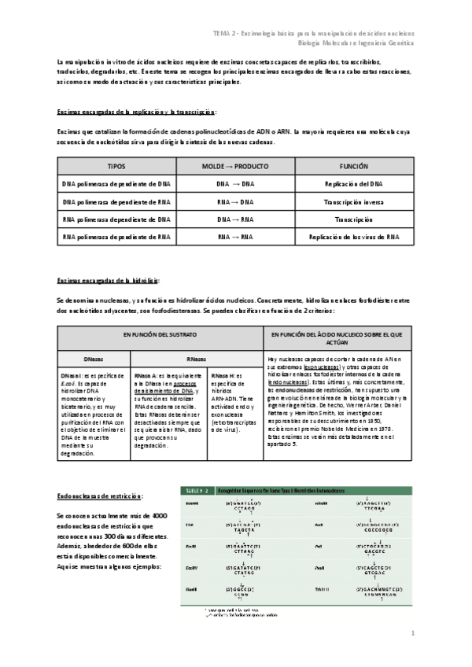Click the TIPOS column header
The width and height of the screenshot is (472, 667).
pyautogui.click(x=116, y=168)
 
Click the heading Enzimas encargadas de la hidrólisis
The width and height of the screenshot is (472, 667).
pyautogui.click(x=109, y=280)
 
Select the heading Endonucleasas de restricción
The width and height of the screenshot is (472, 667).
pyautogui.click(x=99, y=496)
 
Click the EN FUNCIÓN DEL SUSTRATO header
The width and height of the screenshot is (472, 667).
pyautogui.click(x=160, y=335)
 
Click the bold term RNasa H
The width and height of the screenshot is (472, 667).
pyautogui.click(x=223, y=376)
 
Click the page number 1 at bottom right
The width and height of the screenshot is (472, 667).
pyautogui.click(x=412, y=632)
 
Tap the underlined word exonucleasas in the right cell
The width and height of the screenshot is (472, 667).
pyautogui.click(x=322, y=367)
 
